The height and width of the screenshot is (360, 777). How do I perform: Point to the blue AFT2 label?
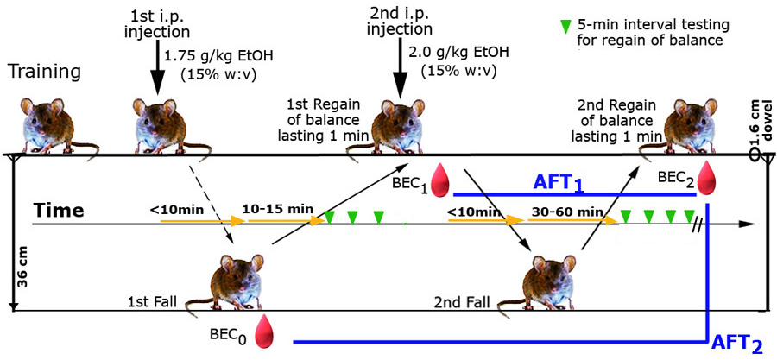click(736, 344)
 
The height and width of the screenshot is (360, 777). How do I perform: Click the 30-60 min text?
click(567, 212)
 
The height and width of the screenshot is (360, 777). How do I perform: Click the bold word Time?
click(59, 211)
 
